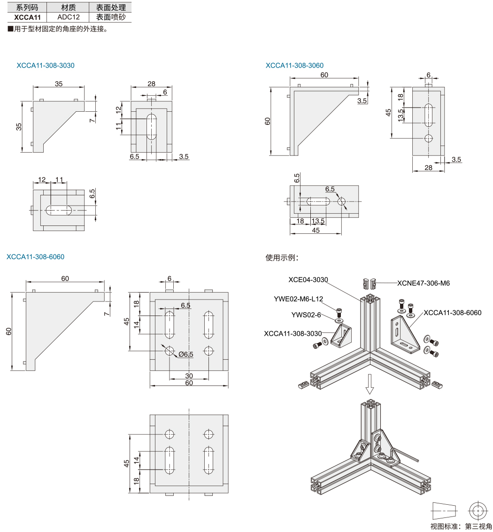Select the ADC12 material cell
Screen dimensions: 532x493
[x=69, y=17]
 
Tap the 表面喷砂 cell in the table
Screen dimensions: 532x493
[x=111, y=17]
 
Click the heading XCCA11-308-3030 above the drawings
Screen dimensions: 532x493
[x=46, y=65]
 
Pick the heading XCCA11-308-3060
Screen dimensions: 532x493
[x=294, y=65]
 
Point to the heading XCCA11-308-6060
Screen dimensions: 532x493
[x=36, y=257]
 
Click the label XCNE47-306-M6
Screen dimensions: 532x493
[x=423, y=283]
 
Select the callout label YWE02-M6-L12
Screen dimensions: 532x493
[x=299, y=299]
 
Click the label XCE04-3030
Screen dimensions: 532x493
[x=308, y=280]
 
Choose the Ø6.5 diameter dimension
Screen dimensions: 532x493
[x=185, y=355]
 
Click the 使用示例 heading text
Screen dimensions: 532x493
[x=282, y=257]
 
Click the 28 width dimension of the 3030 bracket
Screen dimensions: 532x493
[x=151, y=84]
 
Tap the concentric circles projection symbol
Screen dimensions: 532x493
[x=478, y=510]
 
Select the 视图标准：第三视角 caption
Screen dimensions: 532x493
[x=461, y=526]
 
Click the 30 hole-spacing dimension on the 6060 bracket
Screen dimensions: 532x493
[x=189, y=376]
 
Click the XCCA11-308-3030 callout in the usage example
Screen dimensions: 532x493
[x=293, y=333]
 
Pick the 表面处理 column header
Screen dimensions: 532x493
[x=111, y=8]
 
